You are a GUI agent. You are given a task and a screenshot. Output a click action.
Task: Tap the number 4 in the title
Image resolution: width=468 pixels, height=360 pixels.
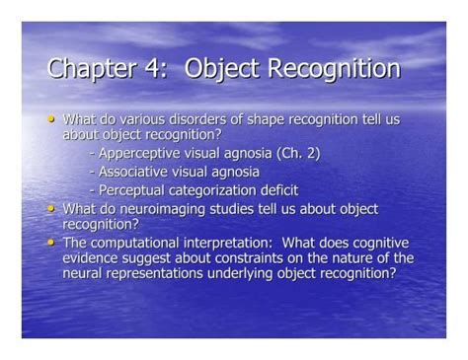[151, 69]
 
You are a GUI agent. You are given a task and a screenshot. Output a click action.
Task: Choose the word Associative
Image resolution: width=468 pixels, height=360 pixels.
[133, 172]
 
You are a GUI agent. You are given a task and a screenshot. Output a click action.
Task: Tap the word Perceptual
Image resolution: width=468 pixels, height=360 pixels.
[129, 190]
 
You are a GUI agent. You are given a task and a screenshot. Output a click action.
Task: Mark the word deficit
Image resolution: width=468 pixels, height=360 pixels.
[277, 190]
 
